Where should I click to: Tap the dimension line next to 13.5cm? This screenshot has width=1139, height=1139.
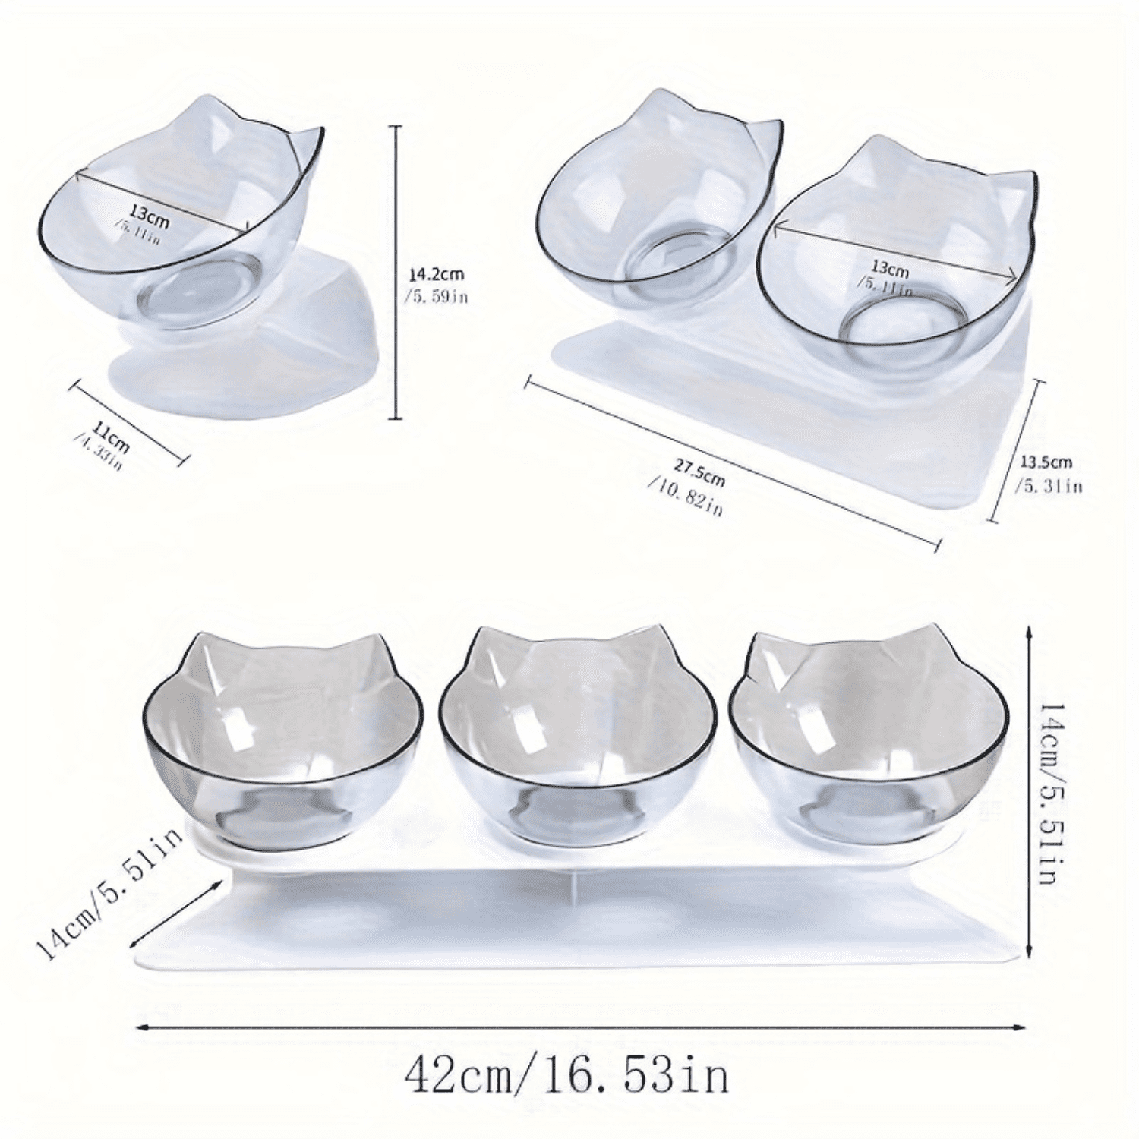pos(1014,451)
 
